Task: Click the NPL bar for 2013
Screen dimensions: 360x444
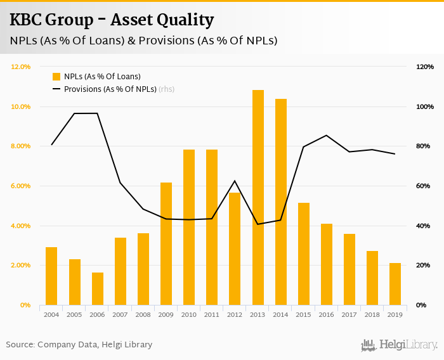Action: [x=258, y=198]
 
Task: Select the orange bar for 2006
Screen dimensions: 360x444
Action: [x=98, y=289]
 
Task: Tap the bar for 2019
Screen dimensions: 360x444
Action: [x=395, y=284]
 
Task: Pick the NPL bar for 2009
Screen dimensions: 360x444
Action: [x=166, y=244]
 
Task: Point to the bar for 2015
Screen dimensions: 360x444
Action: [x=304, y=254]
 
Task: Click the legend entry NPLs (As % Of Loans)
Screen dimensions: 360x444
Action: [x=101, y=77]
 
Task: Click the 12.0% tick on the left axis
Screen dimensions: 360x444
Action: [x=21, y=67]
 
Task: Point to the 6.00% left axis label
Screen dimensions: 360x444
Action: [x=21, y=186]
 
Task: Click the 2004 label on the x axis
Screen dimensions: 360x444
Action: [x=51, y=314]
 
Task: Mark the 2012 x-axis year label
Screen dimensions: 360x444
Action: [x=235, y=314]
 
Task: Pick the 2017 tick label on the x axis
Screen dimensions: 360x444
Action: [x=349, y=314]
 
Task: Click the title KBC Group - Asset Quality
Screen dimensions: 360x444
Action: [x=111, y=20]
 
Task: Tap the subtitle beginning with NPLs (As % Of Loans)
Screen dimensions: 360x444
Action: [x=143, y=41]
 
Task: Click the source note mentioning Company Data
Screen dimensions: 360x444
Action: [x=79, y=345]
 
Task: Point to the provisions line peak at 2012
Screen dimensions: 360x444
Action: [x=235, y=181]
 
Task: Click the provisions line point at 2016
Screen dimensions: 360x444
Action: [x=327, y=135]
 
